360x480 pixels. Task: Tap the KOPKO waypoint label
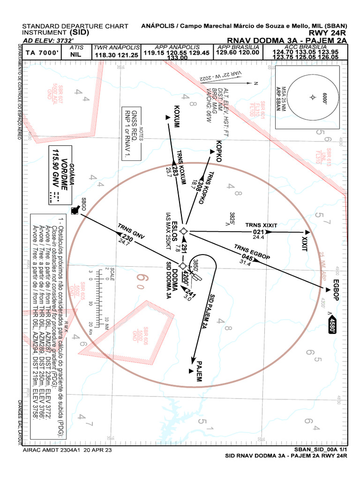click(218, 151)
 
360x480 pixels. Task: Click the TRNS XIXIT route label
click(261, 225)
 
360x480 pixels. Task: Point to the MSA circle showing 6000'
click(313, 97)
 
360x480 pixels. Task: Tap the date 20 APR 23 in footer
click(96, 450)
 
